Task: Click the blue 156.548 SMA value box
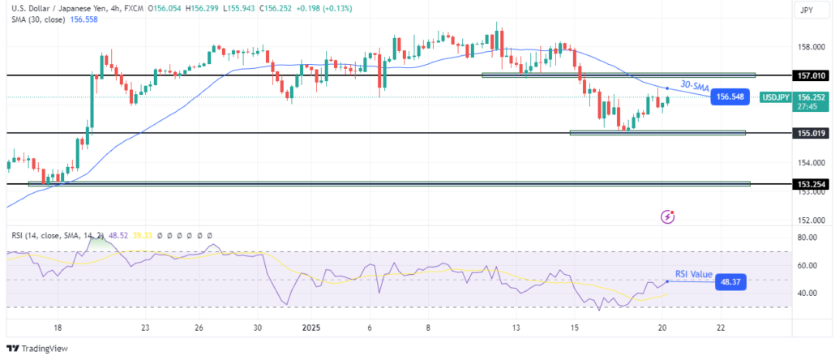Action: pyautogui.click(x=730, y=97)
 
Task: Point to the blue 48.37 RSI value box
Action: pyautogui.click(x=730, y=282)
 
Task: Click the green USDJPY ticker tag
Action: pyautogui.click(x=775, y=97)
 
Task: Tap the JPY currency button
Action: pyautogui.click(x=807, y=10)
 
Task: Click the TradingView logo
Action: pyautogui.click(x=37, y=349)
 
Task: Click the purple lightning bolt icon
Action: pyautogui.click(x=668, y=216)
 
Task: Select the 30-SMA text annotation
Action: pyautogui.click(x=695, y=86)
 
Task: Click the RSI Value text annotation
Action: pyautogui.click(x=693, y=274)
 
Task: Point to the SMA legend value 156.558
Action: pyautogui.click(x=84, y=19)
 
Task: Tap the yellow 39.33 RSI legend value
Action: pyautogui.click(x=140, y=235)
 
